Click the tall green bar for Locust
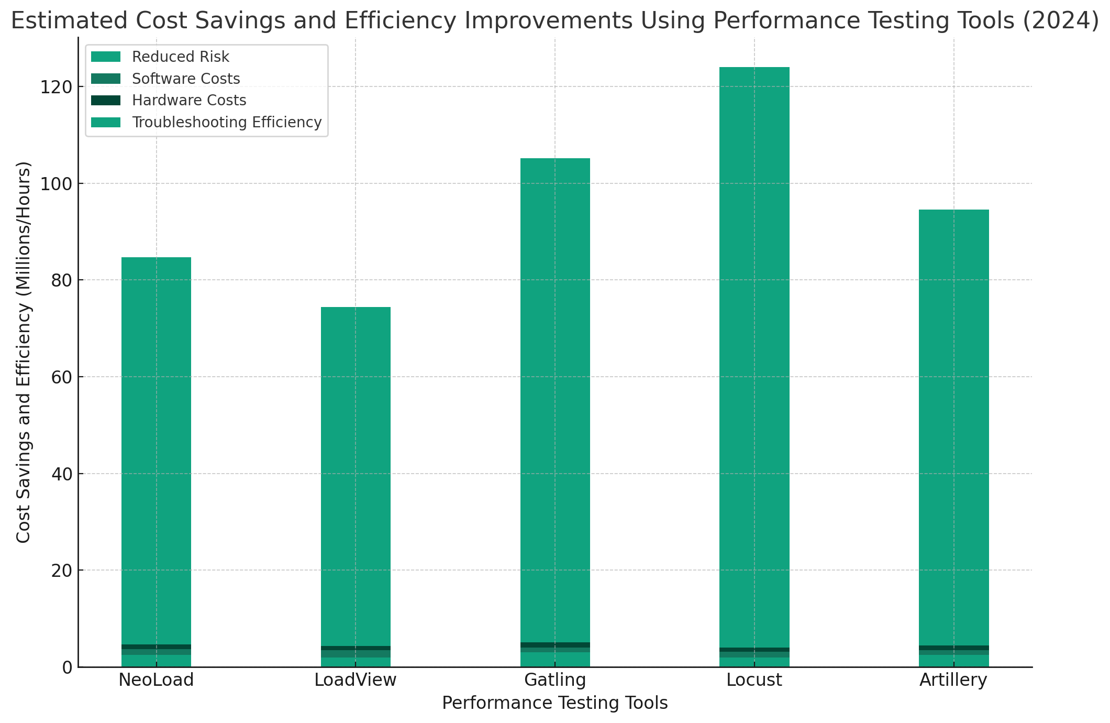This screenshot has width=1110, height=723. [754, 356]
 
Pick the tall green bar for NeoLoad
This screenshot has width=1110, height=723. [156, 451]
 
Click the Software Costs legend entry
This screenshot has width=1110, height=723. [186, 79]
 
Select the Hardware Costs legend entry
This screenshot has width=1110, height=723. [189, 100]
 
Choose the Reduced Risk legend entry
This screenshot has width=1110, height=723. [181, 57]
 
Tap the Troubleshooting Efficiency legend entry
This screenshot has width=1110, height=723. [227, 122]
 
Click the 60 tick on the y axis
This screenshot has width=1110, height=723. [60, 377]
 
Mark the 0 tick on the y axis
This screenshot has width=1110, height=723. [66, 667]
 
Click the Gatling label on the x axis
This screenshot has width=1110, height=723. [555, 680]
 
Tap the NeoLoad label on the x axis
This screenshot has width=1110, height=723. [156, 680]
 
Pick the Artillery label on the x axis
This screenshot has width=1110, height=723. [953, 680]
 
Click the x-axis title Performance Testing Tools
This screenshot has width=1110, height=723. [555, 703]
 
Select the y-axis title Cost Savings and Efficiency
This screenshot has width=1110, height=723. [24, 352]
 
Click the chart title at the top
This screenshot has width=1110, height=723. [555, 21]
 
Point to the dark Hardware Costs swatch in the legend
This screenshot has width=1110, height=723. [106, 100]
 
